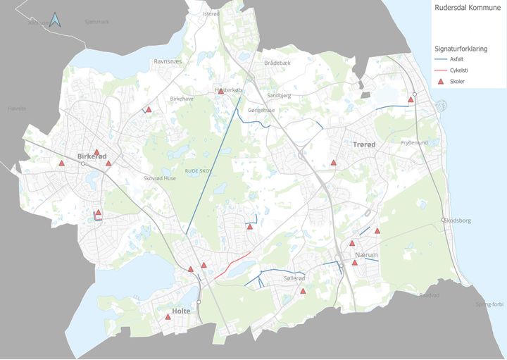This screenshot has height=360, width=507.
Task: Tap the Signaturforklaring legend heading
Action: point(461,49)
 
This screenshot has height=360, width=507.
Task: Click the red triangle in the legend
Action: point(442,82)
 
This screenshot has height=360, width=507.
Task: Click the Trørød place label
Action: point(364,144)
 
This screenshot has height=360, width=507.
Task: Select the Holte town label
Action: point(182,310)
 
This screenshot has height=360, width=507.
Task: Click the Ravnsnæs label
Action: point(168,61)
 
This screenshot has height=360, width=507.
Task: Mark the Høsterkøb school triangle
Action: point(220,91)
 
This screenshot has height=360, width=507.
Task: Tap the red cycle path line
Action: point(233,263)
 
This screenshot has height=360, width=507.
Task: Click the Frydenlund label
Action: point(414,142)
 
